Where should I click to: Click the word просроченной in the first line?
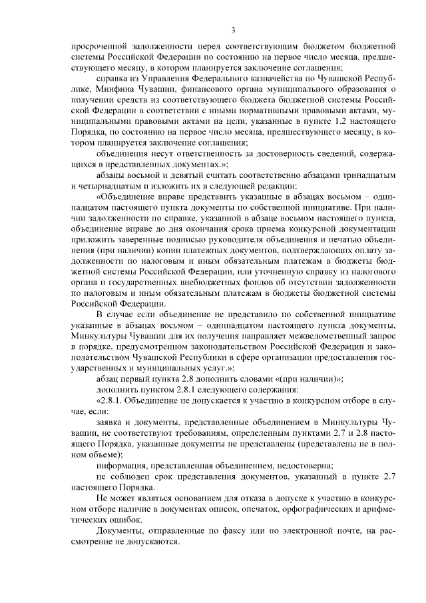coord(99,47)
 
